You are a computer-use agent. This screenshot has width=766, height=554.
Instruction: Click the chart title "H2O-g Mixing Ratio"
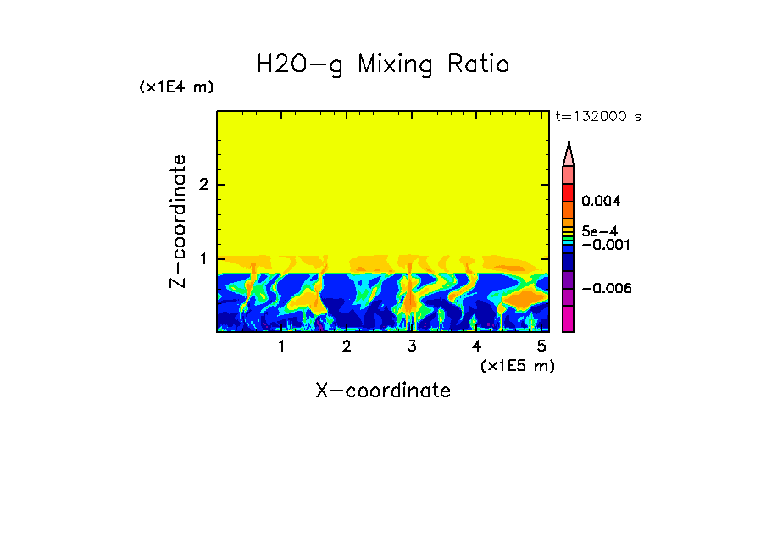pyautogui.click(x=383, y=64)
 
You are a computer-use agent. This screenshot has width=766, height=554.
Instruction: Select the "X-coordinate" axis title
pyautogui.click(x=383, y=391)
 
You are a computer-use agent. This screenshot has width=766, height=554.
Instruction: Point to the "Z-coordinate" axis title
pyautogui.click(x=178, y=221)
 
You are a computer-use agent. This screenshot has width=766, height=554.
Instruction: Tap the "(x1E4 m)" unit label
pyautogui.click(x=176, y=87)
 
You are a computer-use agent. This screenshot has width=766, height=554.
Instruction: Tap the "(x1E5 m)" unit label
pyautogui.click(x=517, y=365)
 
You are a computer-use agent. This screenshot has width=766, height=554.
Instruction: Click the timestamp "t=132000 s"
pyautogui.click(x=597, y=116)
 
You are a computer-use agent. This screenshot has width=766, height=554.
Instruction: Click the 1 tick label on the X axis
pyautogui.click(x=281, y=346)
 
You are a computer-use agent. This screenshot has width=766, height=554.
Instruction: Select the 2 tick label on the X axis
pyautogui.click(x=347, y=346)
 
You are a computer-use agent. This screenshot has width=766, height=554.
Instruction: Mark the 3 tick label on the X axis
pyautogui.click(x=412, y=346)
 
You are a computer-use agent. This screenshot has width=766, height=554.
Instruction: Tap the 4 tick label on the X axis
pyautogui.click(x=476, y=346)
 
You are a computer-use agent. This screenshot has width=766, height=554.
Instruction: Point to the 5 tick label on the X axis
pyautogui.click(x=541, y=346)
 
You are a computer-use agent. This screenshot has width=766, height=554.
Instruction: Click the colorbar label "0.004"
pyautogui.click(x=601, y=202)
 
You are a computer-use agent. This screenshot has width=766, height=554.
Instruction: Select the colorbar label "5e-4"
pyautogui.click(x=599, y=230)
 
